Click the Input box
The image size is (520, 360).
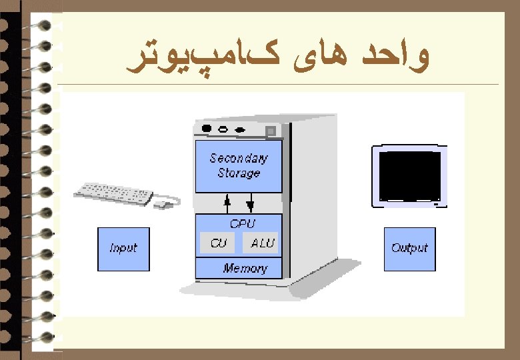coord(123,249)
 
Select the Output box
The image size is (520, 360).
coord(409,249)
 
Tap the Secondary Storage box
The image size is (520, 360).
coord(238,166)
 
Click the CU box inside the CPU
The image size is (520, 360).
coord(218,243)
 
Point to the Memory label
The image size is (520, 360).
coord(245,269)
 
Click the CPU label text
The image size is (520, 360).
coord(242,224)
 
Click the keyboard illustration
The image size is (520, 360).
coord(113,193)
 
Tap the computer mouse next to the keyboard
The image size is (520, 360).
coord(163,203)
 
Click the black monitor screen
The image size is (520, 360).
coord(409,175)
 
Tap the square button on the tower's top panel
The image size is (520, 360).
coord(271,130)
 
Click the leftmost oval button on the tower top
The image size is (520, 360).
coord(207,129)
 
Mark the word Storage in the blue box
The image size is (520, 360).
coord(238,173)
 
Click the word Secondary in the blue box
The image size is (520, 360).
coord(238,159)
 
